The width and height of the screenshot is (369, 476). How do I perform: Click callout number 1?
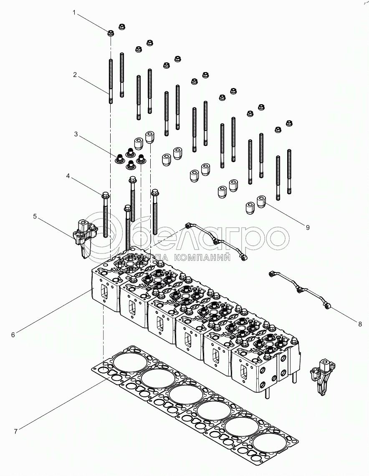[74, 13]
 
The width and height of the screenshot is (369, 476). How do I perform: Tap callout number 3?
[76, 134]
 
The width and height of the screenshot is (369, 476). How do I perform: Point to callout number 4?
[68, 176]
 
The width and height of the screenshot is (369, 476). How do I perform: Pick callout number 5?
[35, 216]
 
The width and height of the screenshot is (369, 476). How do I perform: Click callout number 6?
[13, 335]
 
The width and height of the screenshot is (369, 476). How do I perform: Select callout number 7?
[15, 431]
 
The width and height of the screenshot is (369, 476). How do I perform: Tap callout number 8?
[360, 324]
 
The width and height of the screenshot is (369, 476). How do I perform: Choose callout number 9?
[308, 228]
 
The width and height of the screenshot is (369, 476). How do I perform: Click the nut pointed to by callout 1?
[111, 33]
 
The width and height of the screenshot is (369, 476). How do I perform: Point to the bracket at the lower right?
[322, 377]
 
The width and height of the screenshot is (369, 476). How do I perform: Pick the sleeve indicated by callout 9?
[261, 202]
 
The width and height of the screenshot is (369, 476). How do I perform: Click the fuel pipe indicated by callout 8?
[299, 289]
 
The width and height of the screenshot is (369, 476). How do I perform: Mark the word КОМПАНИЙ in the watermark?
[203, 258]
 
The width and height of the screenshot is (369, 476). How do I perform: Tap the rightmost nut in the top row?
[289, 123]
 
